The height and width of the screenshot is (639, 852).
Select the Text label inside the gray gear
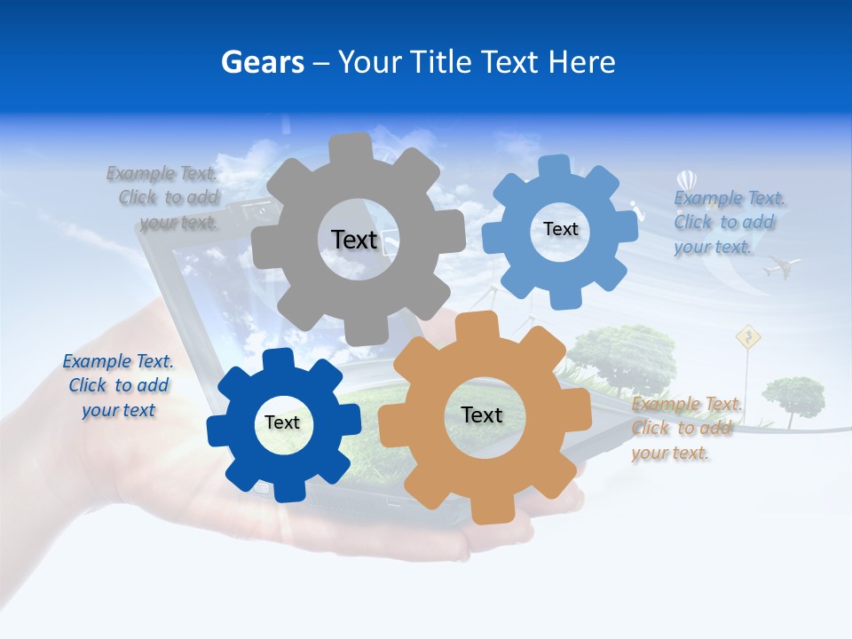pyautogui.click(x=354, y=240)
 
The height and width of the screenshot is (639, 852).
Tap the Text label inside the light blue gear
pyautogui.click(x=560, y=229)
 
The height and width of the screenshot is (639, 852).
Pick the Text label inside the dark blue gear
pyautogui.click(x=282, y=422)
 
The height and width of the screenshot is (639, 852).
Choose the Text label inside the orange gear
pyautogui.click(x=482, y=414)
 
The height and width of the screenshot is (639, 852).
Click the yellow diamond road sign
pyautogui.click(x=749, y=336)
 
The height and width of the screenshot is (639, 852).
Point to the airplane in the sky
pyautogui.click(x=781, y=265)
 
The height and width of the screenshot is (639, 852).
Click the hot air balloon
pyautogui.click(x=686, y=182)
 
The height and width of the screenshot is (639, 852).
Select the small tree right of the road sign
pyautogui.click(x=793, y=395)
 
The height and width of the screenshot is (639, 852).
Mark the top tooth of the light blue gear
pyautogui.click(x=554, y=168)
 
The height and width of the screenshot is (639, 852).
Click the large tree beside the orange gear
pyautogui.click(x=621, y=355)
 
